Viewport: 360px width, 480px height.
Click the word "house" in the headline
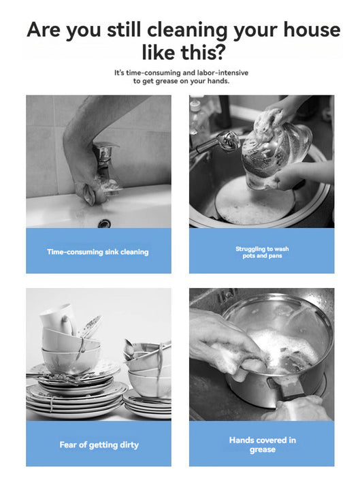pyautogui.click(x=312, y=30)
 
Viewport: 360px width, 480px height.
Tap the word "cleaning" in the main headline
pyautogui.click(x=188, y=31)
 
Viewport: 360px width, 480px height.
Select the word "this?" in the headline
pyautogui.click(x=203, y=52)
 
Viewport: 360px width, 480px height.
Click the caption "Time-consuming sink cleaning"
pyautogui.click(x=98, y=252)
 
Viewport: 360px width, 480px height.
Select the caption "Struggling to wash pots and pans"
pyautogui.click(x=262, y=252)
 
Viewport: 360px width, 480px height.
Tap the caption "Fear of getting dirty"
pyautogui.click(x=99, y=445)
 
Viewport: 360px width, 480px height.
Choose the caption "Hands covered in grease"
pyautogui.click(x=263, y=445)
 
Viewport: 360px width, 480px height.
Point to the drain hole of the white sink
pyautogui.click(x=104, y=223)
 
